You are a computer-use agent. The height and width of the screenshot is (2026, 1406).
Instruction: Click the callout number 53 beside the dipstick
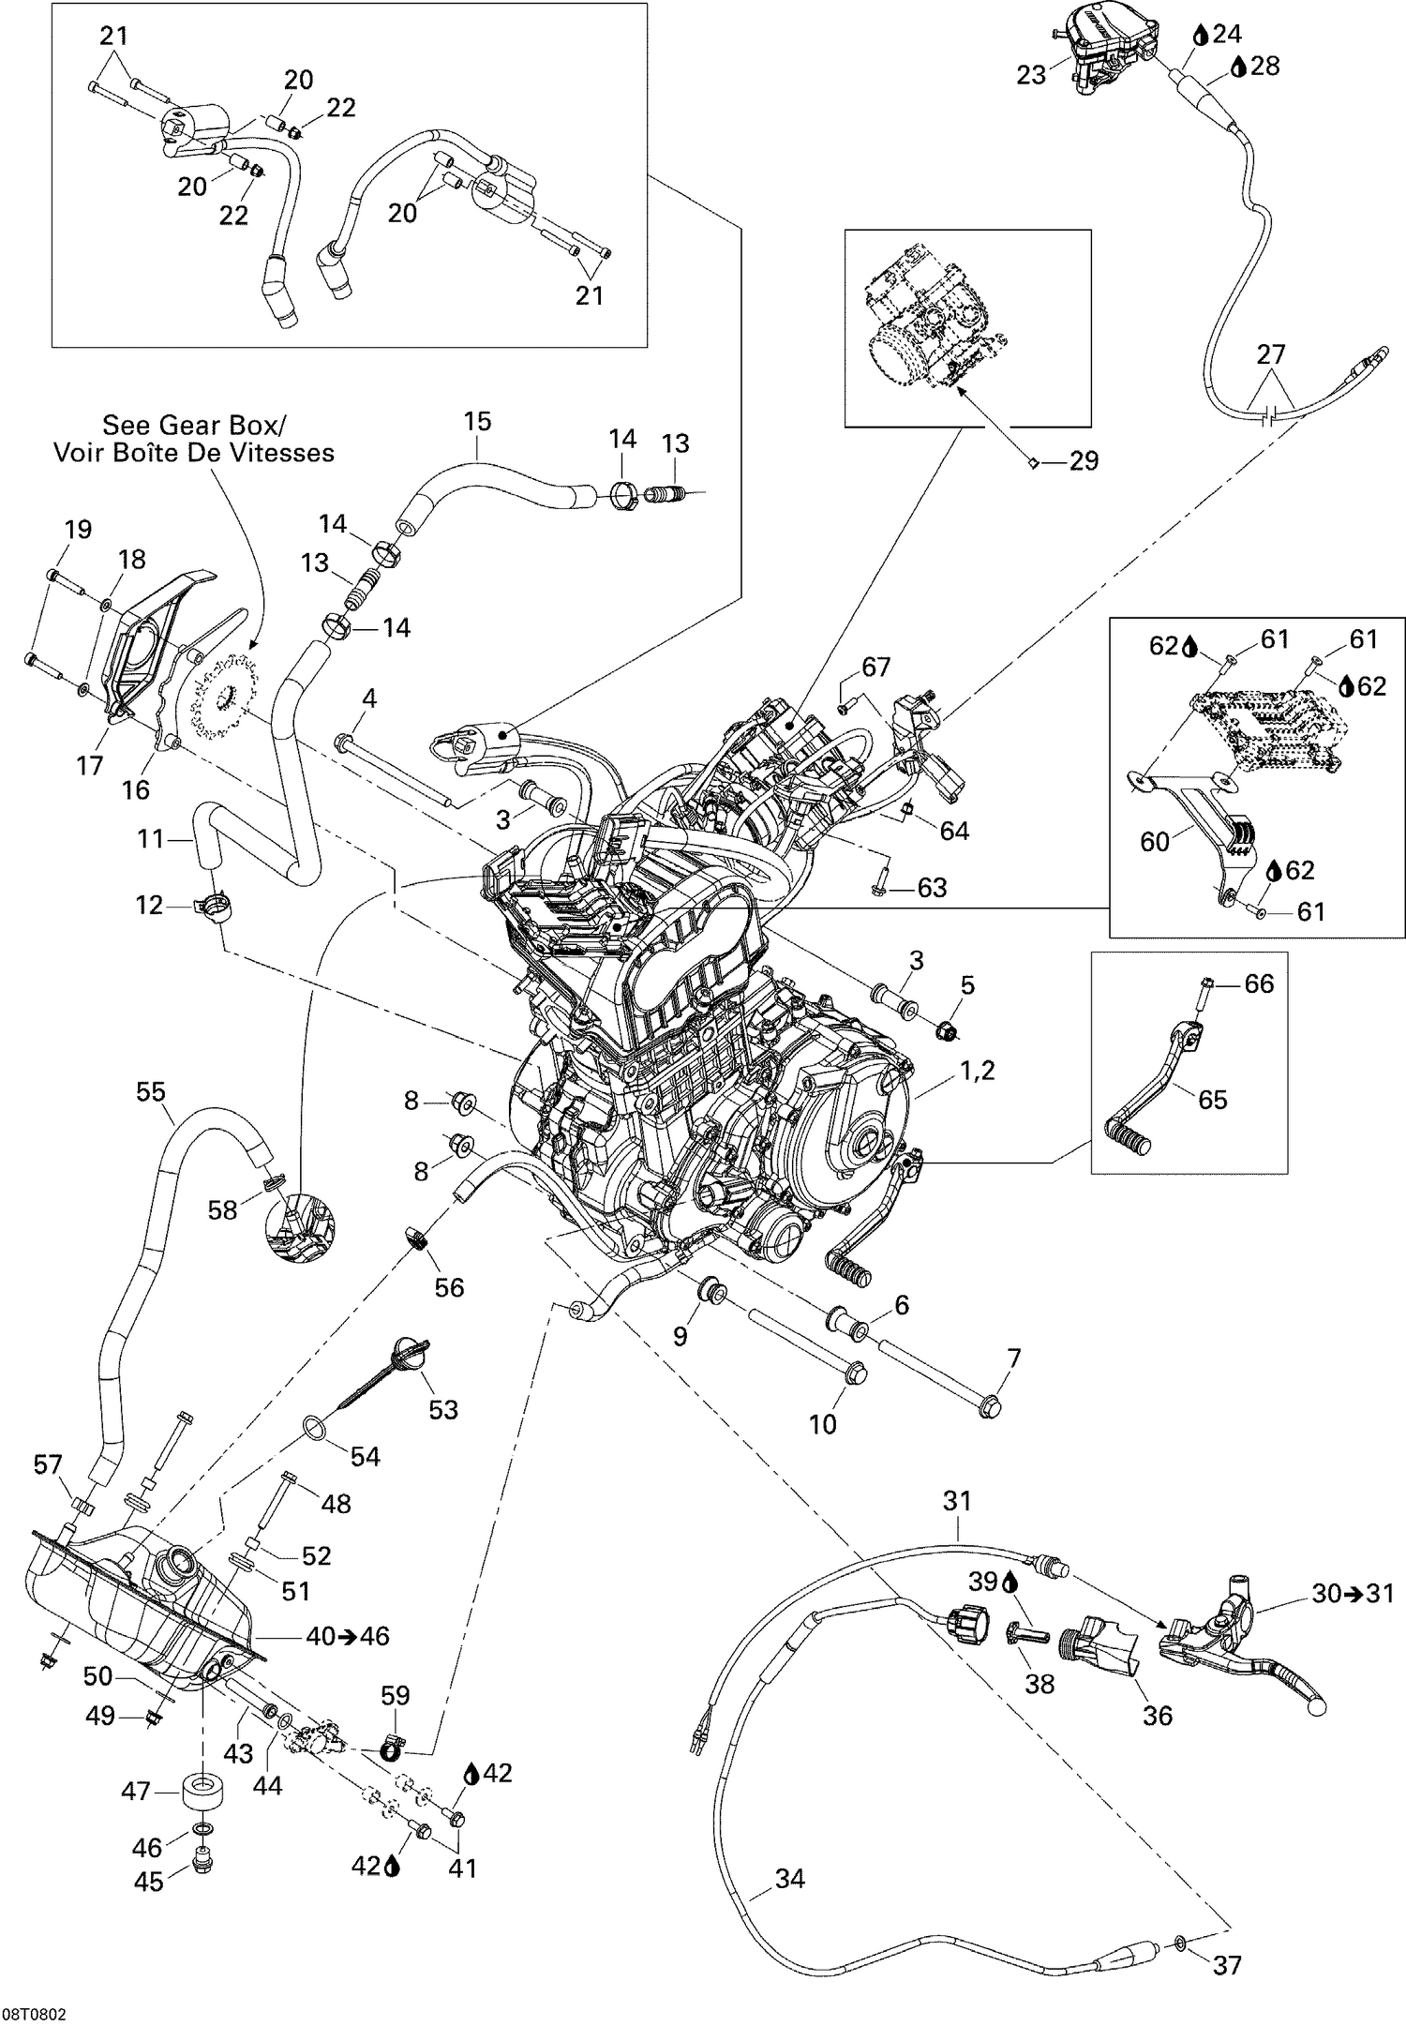point(442,1409)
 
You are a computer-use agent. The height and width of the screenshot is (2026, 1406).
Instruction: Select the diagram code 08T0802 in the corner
point(34,2010)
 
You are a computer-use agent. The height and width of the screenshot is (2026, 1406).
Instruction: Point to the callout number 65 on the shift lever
point(1212,1099)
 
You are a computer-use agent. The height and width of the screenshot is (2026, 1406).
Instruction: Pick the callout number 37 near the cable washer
point(1227,1939)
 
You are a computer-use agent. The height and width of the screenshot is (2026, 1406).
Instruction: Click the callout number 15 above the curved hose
point(477,422)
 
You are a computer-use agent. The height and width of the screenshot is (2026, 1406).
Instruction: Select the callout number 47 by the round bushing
point(137,1791)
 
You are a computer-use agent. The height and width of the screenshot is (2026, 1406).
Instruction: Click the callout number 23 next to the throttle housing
point(1031,75)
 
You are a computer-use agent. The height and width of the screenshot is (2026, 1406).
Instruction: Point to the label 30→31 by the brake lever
point(1353,1593)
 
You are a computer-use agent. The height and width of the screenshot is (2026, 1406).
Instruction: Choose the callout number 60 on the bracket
point(1154,841)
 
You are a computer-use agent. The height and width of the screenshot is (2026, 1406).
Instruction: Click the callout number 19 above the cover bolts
point(78,530)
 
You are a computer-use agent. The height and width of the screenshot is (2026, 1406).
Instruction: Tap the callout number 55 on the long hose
point(150,1091)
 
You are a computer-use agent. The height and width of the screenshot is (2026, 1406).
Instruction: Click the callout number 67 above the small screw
point(875,667)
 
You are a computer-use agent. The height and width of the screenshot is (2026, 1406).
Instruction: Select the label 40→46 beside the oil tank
point(348,1636)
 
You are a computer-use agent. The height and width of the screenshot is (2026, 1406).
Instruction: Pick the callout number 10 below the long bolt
point(822,1424)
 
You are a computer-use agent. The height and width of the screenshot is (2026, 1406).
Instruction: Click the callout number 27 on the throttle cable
point(1271,354)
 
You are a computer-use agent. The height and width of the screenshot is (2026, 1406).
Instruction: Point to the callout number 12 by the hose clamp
point(150,905)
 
